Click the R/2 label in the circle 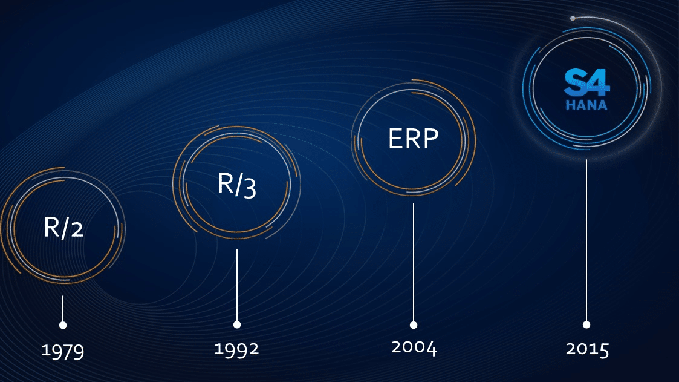point(63,227)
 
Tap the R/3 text point(237,185)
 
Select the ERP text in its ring point(414,139)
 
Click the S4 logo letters point(586,82)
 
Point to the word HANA point(586,105)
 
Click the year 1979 point(63,351)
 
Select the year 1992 point(236,349)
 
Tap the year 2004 point(414,347)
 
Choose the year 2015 point(587,349)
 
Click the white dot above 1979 point(63,325)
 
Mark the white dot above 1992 point(237,324)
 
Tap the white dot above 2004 point(414,325)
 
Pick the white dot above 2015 point(586,324)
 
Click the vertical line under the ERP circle point(414,262)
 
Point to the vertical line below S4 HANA point(586,241)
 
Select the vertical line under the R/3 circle point(237,285)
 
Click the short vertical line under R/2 point(63,309)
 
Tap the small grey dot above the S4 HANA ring point(573,18)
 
